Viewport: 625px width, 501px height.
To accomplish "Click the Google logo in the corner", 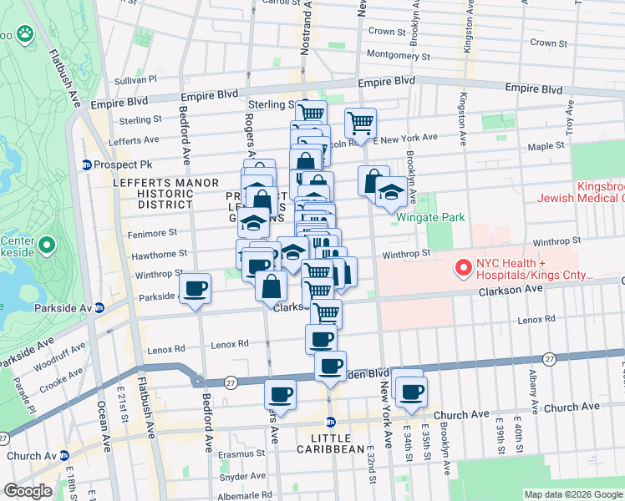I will pyautogui.click(x=28, y=491).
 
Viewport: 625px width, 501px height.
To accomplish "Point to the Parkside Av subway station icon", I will pyautogui.click(x=98, y=308).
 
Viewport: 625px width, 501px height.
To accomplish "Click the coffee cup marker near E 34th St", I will pyautogui.click(x=409, y=391).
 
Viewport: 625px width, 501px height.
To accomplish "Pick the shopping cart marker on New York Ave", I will pyautogui.click(x=360, y=123).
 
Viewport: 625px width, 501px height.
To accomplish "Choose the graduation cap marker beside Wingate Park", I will pyautogui.click(x=391, y=191).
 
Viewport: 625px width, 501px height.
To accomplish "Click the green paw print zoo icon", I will pyautogui.click(x=26, y=34).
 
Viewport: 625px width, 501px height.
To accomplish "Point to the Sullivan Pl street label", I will pyautogui.click(x=135, y=79).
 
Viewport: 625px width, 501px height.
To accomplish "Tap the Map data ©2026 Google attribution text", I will pyautogui.click(x=573, y=494).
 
